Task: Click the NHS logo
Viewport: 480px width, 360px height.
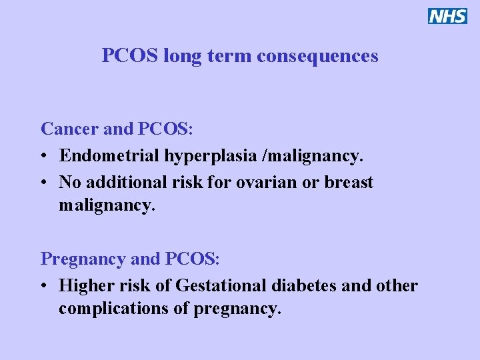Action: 447,16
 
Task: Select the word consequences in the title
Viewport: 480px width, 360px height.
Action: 317,56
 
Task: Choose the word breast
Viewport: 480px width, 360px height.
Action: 349,182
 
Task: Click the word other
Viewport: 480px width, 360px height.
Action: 396,286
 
